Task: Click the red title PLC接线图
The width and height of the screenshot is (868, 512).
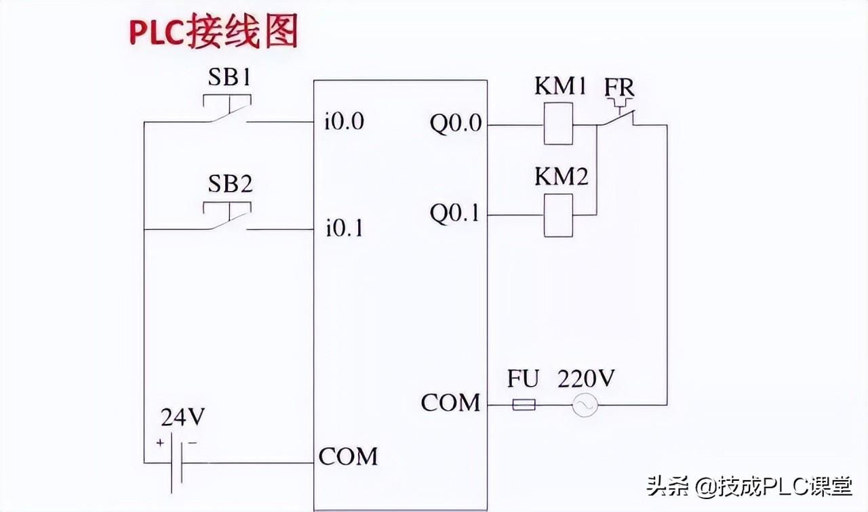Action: pos(214,31)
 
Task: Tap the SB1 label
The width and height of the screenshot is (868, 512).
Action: pos(229,77)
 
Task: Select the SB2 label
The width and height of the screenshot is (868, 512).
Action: pos(230,184)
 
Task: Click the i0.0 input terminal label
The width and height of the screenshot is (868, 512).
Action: pos(344,121)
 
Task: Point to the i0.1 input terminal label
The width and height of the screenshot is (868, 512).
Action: pos(344,228)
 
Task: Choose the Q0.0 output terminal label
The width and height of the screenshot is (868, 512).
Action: pos(456,124)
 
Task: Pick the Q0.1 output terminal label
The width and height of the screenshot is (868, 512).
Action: pos(454,213)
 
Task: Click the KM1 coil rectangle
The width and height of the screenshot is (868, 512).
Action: pos(558,123)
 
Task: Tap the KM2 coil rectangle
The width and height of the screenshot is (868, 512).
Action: pos(558,215)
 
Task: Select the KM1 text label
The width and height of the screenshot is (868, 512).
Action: pos(560,86)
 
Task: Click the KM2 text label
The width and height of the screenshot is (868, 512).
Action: pos(561,177)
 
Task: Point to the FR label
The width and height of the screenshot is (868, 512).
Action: pos(619,87)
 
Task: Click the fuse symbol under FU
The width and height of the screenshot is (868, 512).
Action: pos(524,405)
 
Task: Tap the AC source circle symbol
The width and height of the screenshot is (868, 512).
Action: pos(585,405)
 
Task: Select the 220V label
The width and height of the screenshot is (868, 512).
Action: pos(586,378)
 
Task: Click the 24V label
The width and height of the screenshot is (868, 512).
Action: pos(182,417)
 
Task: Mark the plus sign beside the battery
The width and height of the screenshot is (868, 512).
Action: pos(160,442)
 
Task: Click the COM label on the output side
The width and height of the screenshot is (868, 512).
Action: pos(450,402)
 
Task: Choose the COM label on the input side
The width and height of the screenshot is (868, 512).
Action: pos(348,456)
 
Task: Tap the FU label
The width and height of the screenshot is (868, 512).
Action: pos(523,379)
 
